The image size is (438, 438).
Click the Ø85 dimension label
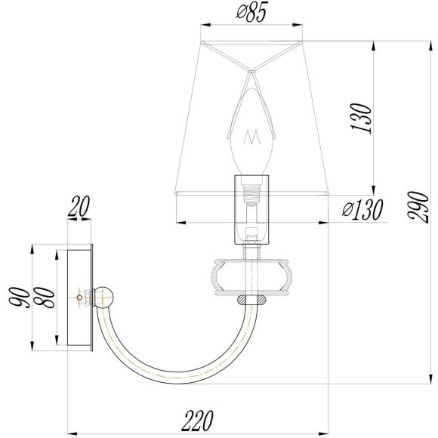[x=252, y=14]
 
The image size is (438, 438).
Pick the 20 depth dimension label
[x=79, y=207]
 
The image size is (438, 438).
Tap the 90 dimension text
[x=22, y=296]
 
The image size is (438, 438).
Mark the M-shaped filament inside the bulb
[x=251, y=139]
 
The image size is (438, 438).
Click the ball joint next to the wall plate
[x=106, y=296]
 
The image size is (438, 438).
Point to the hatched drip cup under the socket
[x=251, y=275]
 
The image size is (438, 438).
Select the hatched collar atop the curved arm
[x=251, y=301]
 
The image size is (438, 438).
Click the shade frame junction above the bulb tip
[x=251, y=69]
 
